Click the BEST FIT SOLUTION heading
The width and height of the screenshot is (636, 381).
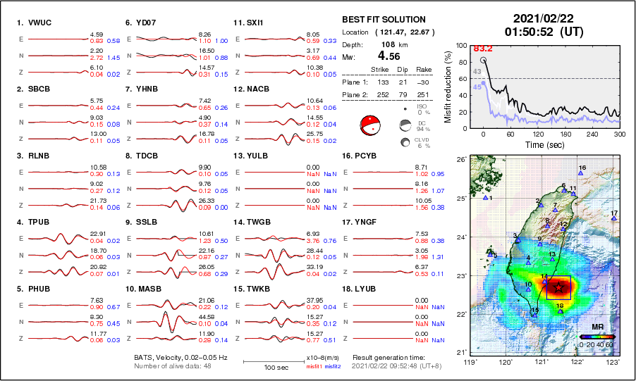coord(384,20)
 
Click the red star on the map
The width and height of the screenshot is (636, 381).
coord(559,287)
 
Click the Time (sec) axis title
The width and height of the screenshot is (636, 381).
coord(541,144)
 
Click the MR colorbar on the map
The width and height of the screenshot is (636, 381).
coord(597,337)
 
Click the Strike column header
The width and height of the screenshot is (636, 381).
coord(380,70)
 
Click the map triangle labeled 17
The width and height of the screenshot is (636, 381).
coord(614,218)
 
